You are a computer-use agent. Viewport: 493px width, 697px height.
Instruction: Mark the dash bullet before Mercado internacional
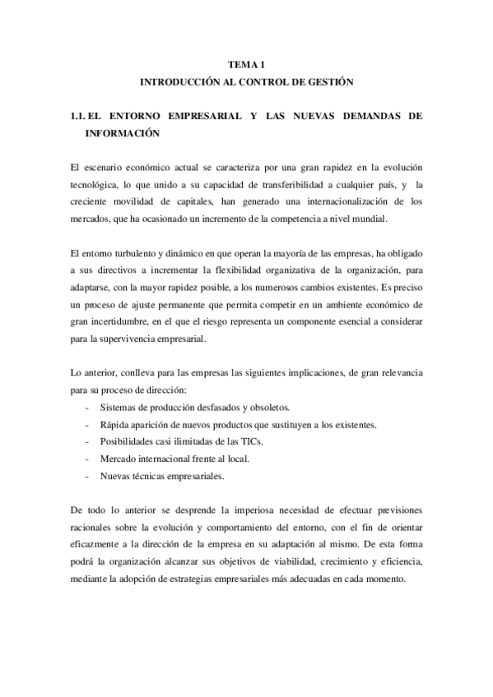(x=87, y=458)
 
